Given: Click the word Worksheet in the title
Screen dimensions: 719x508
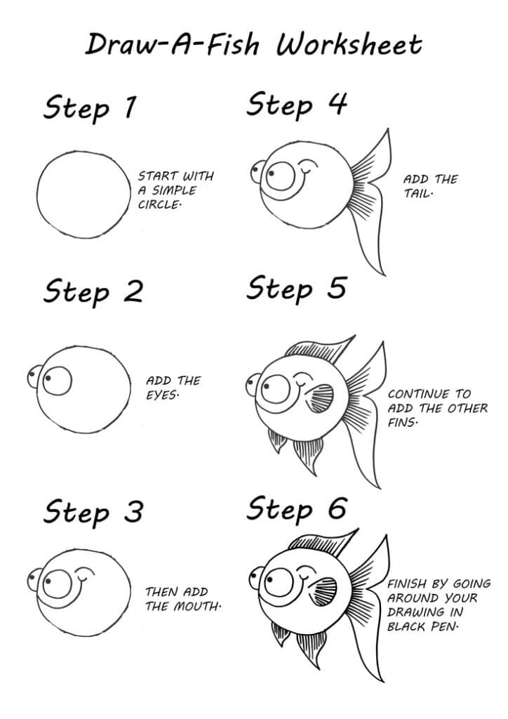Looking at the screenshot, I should (x=349, y=44).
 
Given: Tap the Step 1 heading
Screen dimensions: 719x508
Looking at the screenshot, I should (x=91, y=108).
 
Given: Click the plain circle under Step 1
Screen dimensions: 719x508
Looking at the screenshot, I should (x=84, y=194).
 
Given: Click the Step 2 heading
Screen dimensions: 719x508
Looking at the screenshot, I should (x=93, y=291).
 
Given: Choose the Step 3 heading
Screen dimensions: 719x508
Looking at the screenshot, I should (x=93, y=511).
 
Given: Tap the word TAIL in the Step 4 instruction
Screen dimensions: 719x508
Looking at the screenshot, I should (x=418, y=193).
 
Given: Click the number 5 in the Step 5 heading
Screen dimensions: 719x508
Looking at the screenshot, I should (x=337, y=289).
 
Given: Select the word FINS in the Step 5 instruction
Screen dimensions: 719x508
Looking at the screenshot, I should (x=403, y=423).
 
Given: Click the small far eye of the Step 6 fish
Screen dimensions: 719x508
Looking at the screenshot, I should (x=255, y=578).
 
